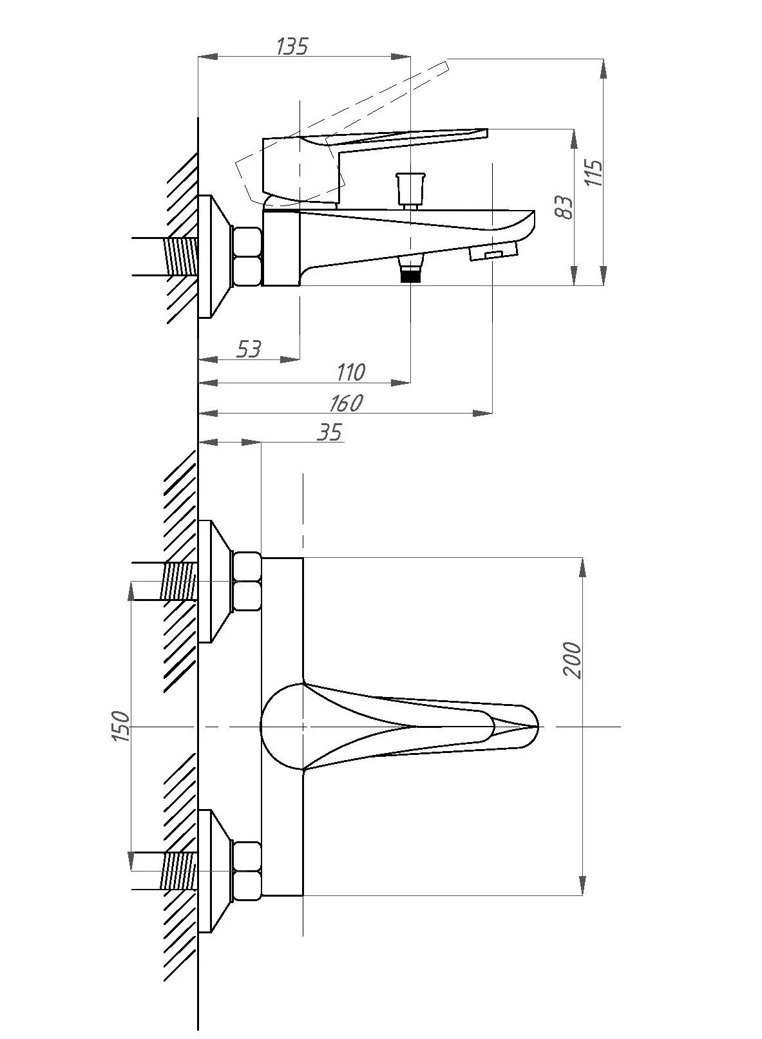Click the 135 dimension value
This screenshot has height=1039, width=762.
(x=292, y=46)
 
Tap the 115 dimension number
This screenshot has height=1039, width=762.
(x=593, y=173)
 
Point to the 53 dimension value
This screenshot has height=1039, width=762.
(x=249, y=349)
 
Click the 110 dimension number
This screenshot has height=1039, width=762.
(x=351, y=372)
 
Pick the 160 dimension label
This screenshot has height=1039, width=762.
(x=347, y=403)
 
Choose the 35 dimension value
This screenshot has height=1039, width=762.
(x=330, y=432)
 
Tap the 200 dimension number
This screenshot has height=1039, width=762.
(x=572, y=660)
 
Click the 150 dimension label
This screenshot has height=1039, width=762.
(x=120, y=726)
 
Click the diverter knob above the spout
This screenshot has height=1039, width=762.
(x=410, y=189)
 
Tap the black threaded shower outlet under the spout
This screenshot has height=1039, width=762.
(x=410, y=271)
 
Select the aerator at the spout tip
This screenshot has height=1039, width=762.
(x=493, y=253)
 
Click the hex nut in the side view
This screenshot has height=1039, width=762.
(x=247, y=256)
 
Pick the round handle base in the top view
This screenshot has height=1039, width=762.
(x=283, y=727)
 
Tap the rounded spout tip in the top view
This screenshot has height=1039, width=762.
(x=524, y=727)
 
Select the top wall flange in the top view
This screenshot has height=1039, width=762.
(x=214, y=581)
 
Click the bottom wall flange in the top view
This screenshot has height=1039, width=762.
(x=214, y=872)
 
